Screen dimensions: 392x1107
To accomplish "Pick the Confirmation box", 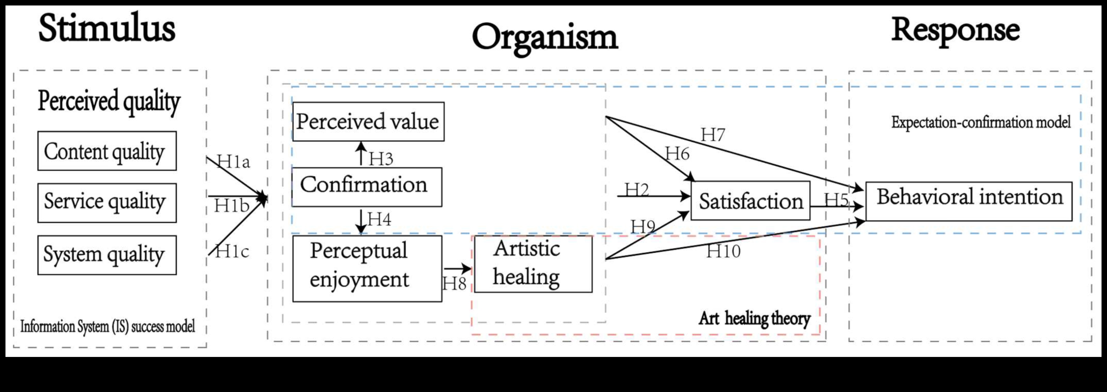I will point(366,187).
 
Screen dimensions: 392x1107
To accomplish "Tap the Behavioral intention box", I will point(969,201).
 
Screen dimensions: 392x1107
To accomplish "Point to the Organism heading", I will point(545,38).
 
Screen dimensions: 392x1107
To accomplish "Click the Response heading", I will point(955,30).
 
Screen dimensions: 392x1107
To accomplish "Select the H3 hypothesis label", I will point(381,159).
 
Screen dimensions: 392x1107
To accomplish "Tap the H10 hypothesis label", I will point(723,251).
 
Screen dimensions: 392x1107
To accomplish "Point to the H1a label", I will point(233,162).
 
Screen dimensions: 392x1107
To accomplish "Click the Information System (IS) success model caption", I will point(108,327).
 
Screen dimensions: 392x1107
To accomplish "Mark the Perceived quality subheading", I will point(109,102).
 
